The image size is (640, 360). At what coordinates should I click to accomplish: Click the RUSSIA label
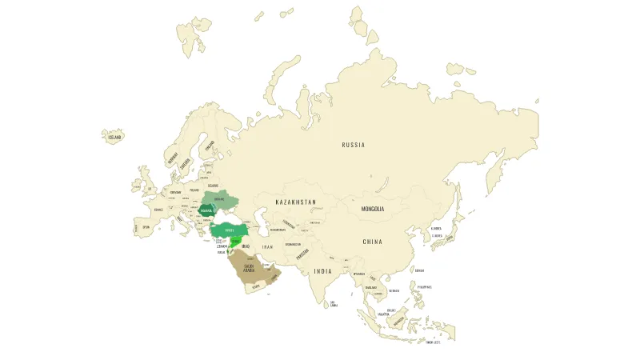(353, 145)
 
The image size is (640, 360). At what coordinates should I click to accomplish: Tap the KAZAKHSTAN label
(295, 202)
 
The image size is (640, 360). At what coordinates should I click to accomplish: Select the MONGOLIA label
(373, 210)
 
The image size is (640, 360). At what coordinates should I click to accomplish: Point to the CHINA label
(372, 242)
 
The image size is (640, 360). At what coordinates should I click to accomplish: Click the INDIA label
(322, 271)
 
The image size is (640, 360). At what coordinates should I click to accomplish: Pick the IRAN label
(268, 247)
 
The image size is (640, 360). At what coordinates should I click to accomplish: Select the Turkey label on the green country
(230, 230)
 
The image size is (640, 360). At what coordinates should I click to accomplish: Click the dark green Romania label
(206, 212)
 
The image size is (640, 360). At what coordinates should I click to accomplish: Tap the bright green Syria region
(236, 241)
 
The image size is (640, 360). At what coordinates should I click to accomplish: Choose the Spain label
(146, 227)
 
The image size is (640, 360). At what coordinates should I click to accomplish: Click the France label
(158, 210)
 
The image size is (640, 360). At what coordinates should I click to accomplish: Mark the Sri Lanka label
(334, 303)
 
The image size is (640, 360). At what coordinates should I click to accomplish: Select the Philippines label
(424, 286)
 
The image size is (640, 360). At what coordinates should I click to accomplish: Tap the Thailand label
(370, 287)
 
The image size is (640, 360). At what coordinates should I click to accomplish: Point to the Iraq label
(246, 246)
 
